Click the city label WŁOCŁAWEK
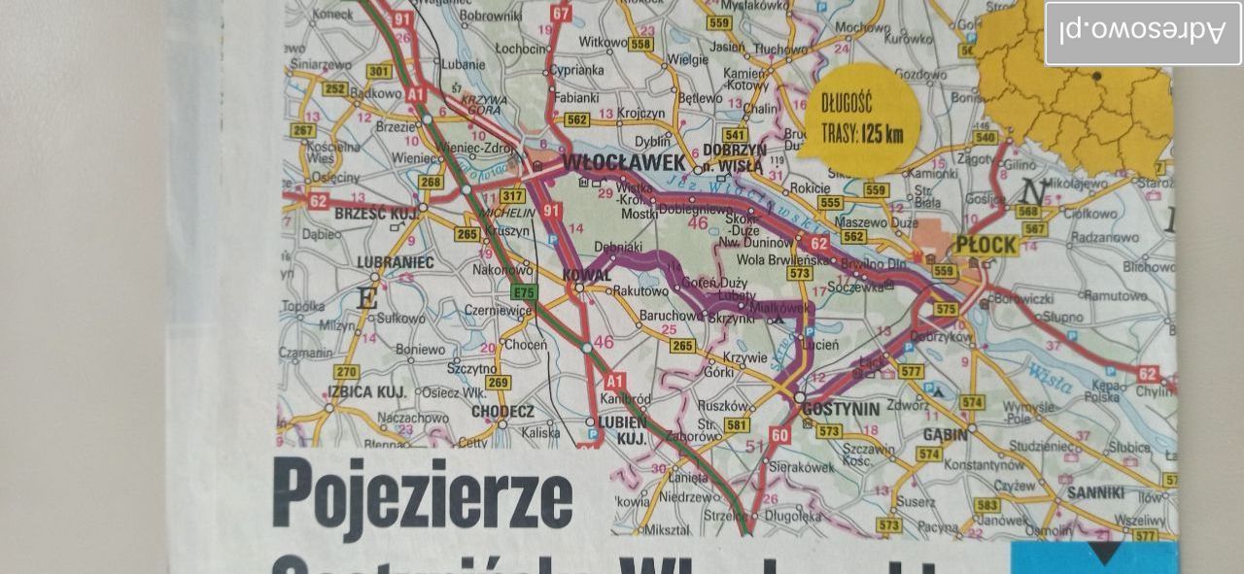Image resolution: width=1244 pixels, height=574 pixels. pyautogui.click(x=624, y=162)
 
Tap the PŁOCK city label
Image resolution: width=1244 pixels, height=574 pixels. pyautogui.click(x=985, y=245)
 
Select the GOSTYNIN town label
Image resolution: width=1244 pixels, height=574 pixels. pyautogui.click(x=841, y=408)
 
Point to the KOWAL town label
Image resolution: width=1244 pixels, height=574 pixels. pyautogui.click(x=587, y=275)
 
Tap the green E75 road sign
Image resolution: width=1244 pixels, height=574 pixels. pyautogui.click(x=524, y=291)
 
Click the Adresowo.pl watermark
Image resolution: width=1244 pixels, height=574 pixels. pyautogui.click(x=1143, y=31)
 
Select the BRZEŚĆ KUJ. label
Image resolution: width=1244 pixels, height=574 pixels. pyautogui.click(x=375, y=213)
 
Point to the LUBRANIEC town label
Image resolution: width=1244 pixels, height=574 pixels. pyautogui.click(x=396, y=262)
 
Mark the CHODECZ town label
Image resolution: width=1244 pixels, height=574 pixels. pyautogui.click(x=502, y=411)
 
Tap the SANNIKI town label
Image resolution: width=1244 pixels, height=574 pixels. pyautogui.click(x=1095, y=492)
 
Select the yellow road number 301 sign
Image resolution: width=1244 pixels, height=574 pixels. pyautogui.click(x=379, y=71)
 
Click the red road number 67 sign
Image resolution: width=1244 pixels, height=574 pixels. pyautogui.click(x=561, y=14)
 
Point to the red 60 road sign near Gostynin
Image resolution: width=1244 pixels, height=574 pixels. pyautogui.click(x=779, y=435)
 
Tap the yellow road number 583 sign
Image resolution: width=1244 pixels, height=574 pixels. pyautogui.click(x=987, y=505)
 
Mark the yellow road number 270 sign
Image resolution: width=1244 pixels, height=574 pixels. pyautogui.click(x=346, y=372)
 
